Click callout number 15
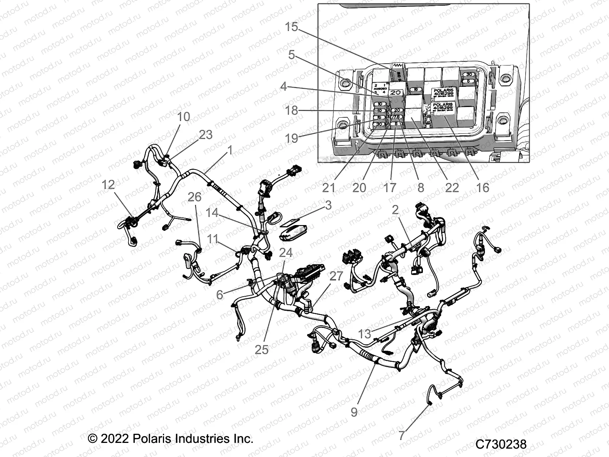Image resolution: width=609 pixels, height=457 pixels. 292,27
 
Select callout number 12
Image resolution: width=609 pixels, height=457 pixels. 108,185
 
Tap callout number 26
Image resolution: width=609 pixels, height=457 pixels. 194,197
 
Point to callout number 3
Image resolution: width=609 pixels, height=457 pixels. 328,205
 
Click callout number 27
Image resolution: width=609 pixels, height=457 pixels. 336,276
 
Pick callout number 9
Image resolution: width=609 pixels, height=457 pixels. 354,412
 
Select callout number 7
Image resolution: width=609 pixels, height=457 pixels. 402,435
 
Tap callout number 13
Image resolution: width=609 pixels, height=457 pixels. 364,334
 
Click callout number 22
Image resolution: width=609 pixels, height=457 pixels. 452,187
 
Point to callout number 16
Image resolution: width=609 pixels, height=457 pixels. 483,187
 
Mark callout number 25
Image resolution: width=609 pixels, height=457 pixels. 262,349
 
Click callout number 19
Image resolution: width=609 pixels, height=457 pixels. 292,138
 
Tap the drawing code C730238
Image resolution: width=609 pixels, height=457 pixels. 501,444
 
